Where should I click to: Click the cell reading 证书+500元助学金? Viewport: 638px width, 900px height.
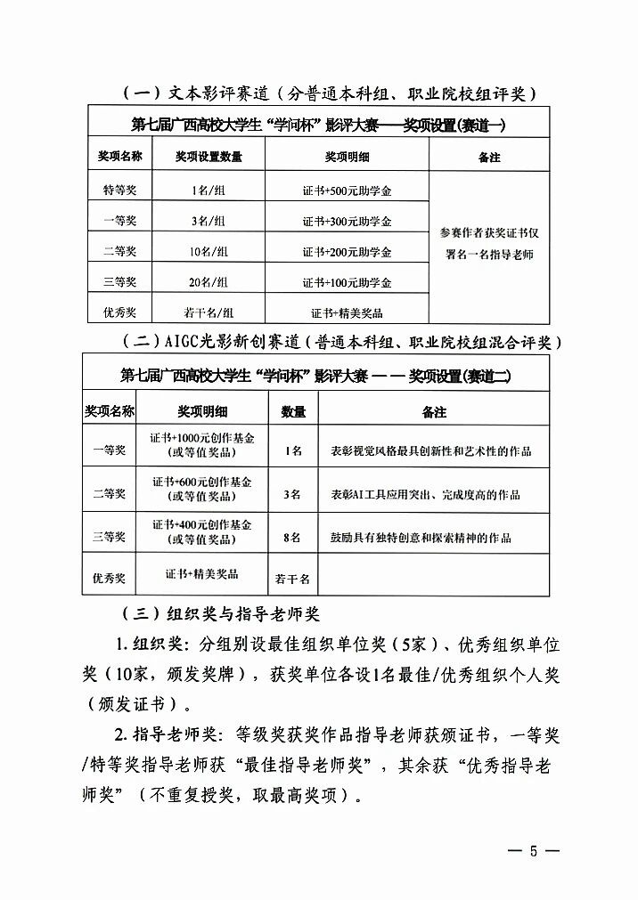[x=347, y=190]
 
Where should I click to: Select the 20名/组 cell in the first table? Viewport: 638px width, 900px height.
[x=209, y=282]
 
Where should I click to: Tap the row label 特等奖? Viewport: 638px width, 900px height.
[x=119, y=190]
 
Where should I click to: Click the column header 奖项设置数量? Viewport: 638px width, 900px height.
[x=209, y=157]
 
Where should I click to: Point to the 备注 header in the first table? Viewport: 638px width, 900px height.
[x=489, y=157]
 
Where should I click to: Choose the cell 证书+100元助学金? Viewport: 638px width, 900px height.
[x=347, y=282]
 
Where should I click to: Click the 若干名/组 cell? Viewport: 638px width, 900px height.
[x=209, y=312]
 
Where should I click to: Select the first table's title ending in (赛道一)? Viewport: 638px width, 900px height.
[x=318, y=125]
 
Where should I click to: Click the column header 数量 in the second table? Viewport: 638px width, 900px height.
[x=293, y=412]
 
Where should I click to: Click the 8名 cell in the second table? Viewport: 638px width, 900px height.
[x=293, y=538]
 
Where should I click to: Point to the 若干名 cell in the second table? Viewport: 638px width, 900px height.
[x=293, y=579]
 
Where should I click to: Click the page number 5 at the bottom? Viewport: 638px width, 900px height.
[x=535, y=851]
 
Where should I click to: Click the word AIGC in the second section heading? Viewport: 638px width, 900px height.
[x=184, y=343]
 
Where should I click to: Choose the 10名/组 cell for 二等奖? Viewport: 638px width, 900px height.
[x=209, y=252]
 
